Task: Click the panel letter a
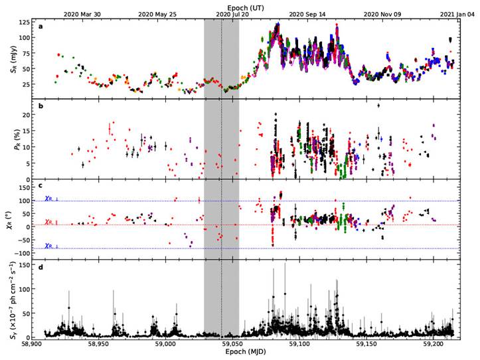(42, 27)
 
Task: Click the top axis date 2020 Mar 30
(82, 13)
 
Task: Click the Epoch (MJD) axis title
(246, 355)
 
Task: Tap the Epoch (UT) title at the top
(244, 5)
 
